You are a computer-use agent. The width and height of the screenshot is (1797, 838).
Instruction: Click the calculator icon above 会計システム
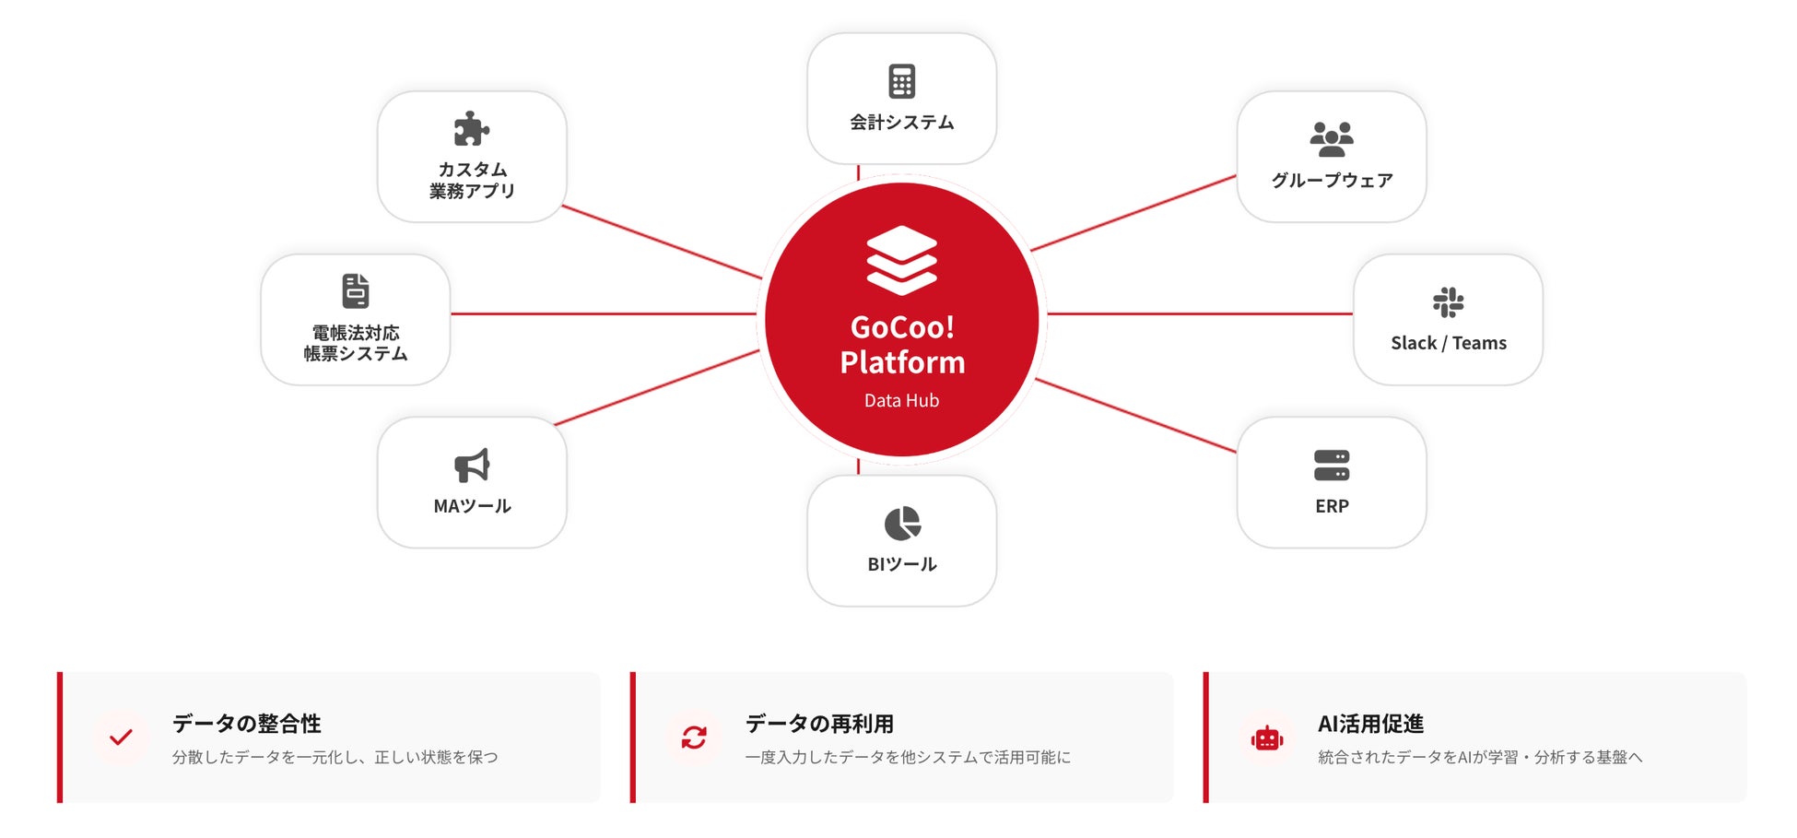pyautogui.click(x=901, y=81)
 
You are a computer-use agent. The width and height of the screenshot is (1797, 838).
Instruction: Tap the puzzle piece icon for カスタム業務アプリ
pyautogui.click(x=471, y=129)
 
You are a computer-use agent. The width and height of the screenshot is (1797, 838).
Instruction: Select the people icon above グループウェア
pyautogui.click(x=1332, y=139)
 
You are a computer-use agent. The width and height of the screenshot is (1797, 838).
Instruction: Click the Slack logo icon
pyautogui.click(x=1448, y=302)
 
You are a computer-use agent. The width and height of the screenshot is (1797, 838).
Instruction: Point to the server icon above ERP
pyautogui.click(x=1332, y=466)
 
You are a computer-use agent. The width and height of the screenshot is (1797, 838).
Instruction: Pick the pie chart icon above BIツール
pyautogui.click(x=902, y=524)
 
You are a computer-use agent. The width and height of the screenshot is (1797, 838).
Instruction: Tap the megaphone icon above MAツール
pyautogui.click(x=472, y=466)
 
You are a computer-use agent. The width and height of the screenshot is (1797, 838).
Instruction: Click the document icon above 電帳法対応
pyautogui.click(x=356, y=291)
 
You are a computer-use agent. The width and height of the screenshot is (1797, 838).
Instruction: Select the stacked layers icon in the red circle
pyautogui.click(x=901, y=260)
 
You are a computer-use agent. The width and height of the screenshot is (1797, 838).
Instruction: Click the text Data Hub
pyautogui.click(x=901, y=401)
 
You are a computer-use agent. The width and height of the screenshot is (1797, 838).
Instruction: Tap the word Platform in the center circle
pyautogui.click(x=902, y=362)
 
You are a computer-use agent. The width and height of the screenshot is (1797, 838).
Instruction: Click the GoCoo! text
pyautogui.click(x=902, y=327)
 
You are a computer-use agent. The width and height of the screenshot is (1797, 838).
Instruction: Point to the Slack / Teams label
pyautogui.click(x=1449, y=343)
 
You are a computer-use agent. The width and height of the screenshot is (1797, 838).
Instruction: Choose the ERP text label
pyautogui.click(x=1332, y=506)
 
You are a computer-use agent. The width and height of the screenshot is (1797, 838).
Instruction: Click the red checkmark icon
pyautogui.click(x=121, y=738)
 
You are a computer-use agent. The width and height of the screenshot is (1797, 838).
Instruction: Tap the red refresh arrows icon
pyautogui.click(x=694, y=738)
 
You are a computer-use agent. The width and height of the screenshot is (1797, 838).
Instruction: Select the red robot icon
pyautogui.click(x=1267, y=738)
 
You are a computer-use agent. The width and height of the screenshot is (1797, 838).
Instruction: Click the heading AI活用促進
pyautogui.click(x=1370, y=724)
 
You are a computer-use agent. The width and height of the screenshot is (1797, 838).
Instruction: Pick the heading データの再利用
pyautogui.click(x=819, y=724)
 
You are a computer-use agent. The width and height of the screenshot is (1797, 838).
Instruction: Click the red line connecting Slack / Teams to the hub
pyautogui.click(x=1198, y=314)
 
